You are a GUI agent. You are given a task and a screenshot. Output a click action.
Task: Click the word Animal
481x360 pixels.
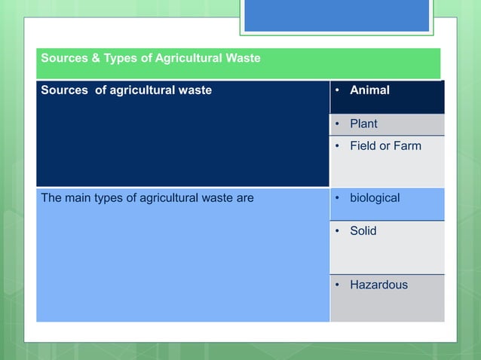369,90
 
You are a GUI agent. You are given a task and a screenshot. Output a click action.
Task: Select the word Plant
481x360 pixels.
363,124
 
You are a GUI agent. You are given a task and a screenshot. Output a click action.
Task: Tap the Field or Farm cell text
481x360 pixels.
385,145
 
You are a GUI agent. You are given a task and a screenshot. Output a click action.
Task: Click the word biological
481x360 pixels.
375,198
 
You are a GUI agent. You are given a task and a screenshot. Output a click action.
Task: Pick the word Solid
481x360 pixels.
363,231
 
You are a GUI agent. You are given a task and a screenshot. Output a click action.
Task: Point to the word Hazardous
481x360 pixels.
378,285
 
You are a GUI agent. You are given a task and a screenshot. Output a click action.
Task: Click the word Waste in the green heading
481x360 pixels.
243,58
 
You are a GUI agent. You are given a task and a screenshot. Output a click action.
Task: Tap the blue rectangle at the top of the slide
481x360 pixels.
336,15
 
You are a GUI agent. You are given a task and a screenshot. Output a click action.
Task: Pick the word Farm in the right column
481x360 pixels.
407,145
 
